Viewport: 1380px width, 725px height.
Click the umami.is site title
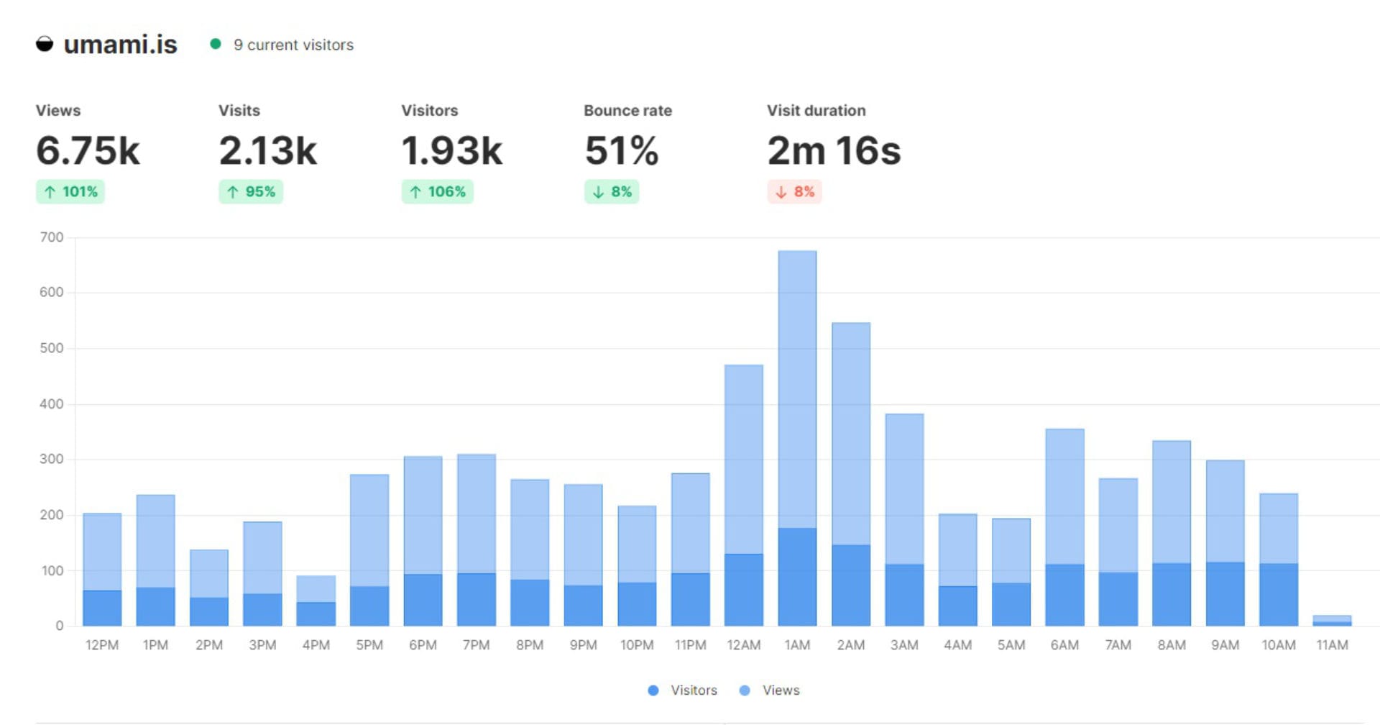[x=120, y=45]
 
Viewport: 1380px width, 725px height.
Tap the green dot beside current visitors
[x=215, y=44]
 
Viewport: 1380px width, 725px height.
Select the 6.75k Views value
[x=88, y=151]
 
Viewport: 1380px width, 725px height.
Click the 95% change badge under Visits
[x=251, y=192]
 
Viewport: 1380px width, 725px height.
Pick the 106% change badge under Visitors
[x=437, y=192]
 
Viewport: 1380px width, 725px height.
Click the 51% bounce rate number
[x=621, y=151]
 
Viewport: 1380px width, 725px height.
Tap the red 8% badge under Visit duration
[x=794, y=192]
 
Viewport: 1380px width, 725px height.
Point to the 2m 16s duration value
[x=833, y=151]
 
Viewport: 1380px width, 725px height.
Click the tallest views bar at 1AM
[x=797, y=388]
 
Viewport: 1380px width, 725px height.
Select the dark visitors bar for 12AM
[x=743, y=590]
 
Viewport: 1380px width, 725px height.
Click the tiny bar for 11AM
[x=1332, y=620]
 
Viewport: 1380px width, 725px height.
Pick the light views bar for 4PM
[x=316, y=588]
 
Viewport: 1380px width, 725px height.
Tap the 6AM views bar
[x=1064, y=496]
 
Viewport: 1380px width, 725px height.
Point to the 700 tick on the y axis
[x=52, y=237]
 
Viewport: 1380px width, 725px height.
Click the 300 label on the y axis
[x=52, y=459]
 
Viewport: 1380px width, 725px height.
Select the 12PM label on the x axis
[x=102, y=645]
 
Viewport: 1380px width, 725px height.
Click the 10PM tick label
[x=637, y=645]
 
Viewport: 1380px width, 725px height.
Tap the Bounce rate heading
[x=627, y=111]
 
